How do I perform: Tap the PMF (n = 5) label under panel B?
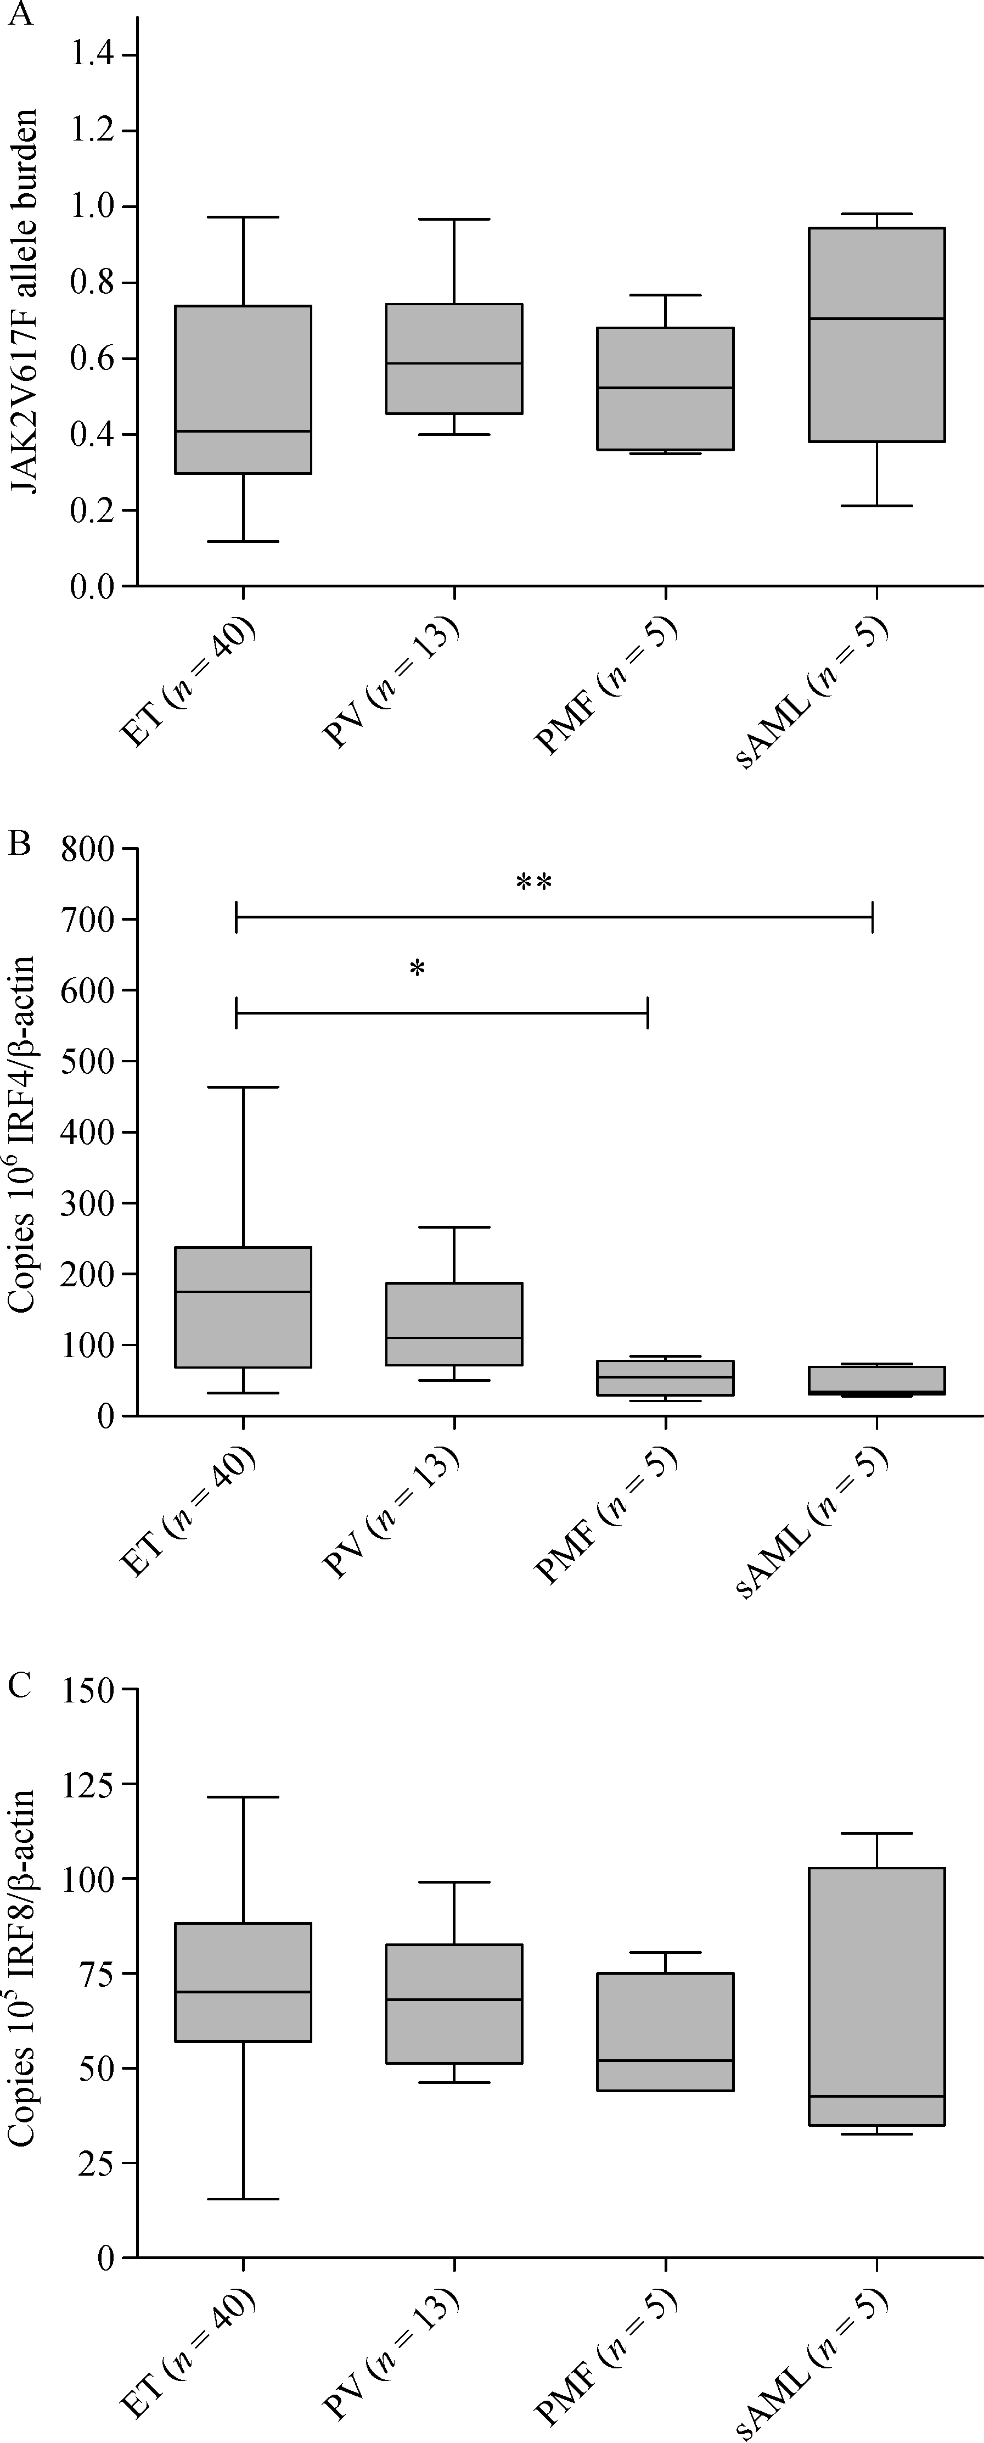pos(607,1515)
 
